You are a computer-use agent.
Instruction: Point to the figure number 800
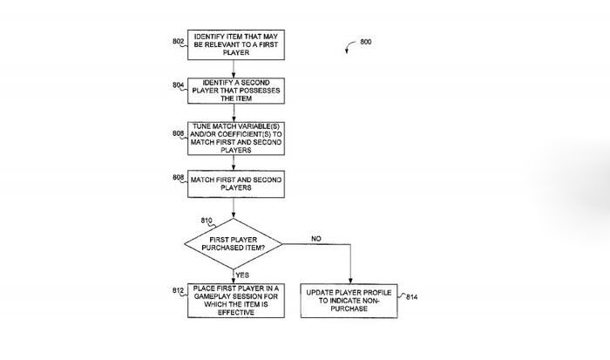pyautogui.click(x=365, y=41)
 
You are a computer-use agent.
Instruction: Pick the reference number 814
pyautogui.click(x=412, y=297)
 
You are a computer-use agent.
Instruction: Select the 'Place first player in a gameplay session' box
pyautogui.click(x=232, y=301)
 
